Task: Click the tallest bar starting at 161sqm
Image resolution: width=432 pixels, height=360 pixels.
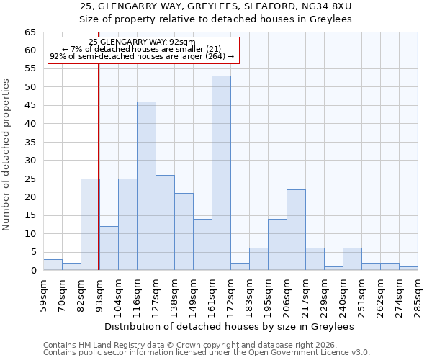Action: click(221, 173)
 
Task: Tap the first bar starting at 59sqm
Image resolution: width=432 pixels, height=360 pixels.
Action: click(53, 265)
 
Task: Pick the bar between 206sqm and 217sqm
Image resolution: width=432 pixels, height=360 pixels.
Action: click(296, 230)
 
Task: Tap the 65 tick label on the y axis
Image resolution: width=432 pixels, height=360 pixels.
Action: click(30, 32)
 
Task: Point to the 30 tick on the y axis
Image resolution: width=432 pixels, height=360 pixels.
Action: click(30, 161)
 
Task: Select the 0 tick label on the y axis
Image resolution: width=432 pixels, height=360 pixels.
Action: click(33, 271)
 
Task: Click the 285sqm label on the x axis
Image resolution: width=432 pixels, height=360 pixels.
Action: click(418, 294)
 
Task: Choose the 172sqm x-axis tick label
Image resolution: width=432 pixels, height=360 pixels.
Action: click(231, 294)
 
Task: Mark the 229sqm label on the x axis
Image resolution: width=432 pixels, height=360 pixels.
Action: click(325, 294)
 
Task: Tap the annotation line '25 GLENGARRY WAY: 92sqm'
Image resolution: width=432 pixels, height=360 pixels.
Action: click(142, 42)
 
